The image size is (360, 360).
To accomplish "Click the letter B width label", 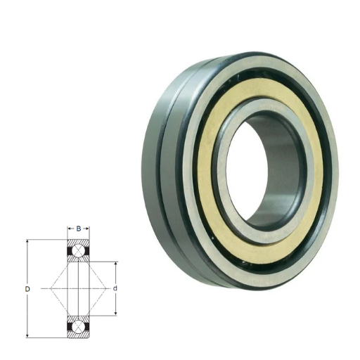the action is pyautogui.click(x=79, y=229).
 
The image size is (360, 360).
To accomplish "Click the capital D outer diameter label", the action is pyautogui.click(x=27, y=289).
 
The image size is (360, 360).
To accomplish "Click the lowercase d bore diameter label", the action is pyautogui.click(x=115, y=288).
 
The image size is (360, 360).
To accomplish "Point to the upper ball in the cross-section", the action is pyautogui.click(x=79, y=251).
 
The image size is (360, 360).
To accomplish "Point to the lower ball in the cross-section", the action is pyautogui.click(x=79, y=326).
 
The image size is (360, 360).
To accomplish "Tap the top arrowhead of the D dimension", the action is pyautogui.click(x=27, y=242).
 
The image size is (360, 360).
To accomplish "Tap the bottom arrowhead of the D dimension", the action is pyautogui.click(x=27, y=335).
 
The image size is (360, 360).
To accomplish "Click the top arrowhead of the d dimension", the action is pyautogui.click(x=115, y=264).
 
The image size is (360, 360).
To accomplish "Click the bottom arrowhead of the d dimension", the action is pyautogui.click(x=115, y=313).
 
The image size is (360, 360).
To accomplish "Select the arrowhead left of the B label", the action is pyautogui.click(x=70, y=229).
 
